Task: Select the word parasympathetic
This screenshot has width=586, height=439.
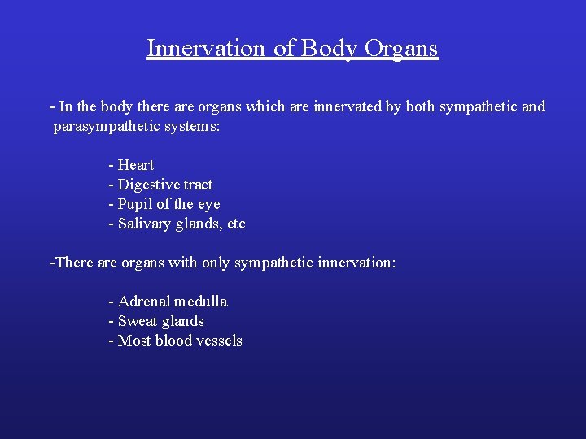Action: pos(100,127)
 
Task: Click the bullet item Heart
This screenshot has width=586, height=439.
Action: pos(136,165)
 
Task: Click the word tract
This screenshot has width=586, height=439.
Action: pos(198,185)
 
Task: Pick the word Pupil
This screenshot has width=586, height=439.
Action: pos(135,204)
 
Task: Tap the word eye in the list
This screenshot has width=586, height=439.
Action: pos(208,204)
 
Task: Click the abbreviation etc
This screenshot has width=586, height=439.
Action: pos(235,224)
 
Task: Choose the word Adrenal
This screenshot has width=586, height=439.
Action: pos(143,302)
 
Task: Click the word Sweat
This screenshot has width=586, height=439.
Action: pos(138,321)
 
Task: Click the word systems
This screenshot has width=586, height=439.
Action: pos(191,127)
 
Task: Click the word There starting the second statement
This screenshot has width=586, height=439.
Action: pos(73,263)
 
